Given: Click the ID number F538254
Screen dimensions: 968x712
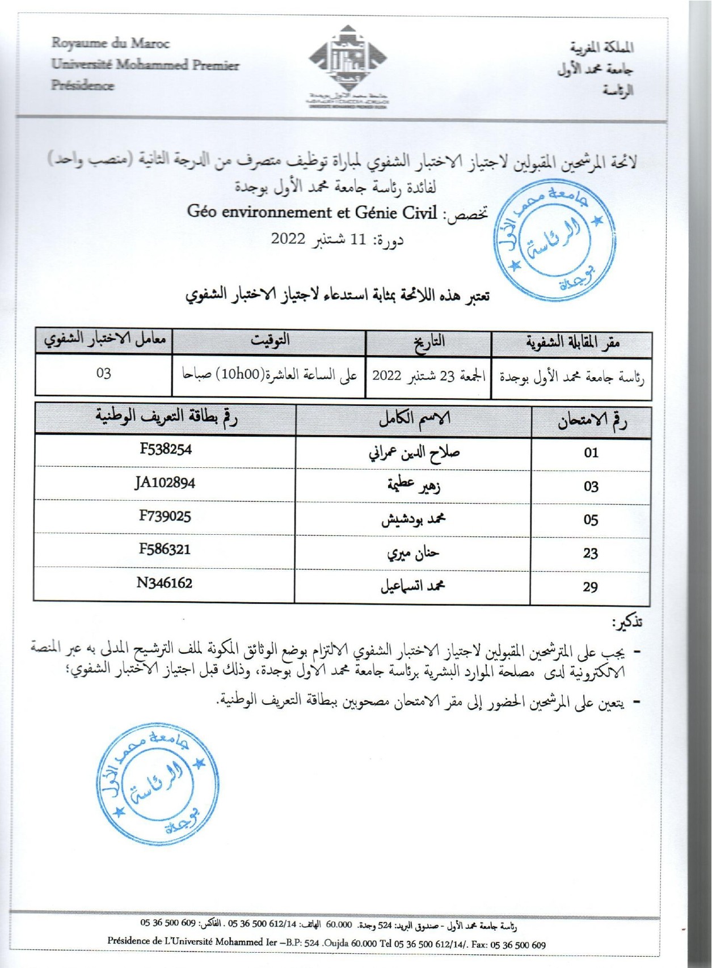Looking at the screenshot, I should (166, 450).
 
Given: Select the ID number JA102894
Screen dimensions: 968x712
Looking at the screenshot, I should (165, 483).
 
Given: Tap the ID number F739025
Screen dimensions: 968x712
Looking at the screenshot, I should (165, 516).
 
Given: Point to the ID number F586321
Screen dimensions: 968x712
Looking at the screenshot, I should (165, 549).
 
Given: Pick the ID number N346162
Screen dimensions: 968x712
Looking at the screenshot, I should (165, 583).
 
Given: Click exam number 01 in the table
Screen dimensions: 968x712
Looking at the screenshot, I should (591, 453).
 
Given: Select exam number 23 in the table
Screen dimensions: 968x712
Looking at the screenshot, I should (591, 553).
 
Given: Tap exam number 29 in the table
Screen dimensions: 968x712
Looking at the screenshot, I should (590, 587).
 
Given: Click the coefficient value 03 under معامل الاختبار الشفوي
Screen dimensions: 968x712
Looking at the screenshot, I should (104, 374).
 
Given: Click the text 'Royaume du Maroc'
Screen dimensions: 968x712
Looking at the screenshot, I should (111, 43).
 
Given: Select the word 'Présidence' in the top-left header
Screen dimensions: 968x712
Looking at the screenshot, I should (83, 86).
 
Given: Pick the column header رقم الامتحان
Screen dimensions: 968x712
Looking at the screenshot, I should (592, 421).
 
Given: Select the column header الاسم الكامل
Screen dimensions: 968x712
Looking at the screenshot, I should (414, 419).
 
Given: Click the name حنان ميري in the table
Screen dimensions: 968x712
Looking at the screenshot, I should (413, 553).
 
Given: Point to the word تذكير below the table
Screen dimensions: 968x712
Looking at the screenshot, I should (627, 623).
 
